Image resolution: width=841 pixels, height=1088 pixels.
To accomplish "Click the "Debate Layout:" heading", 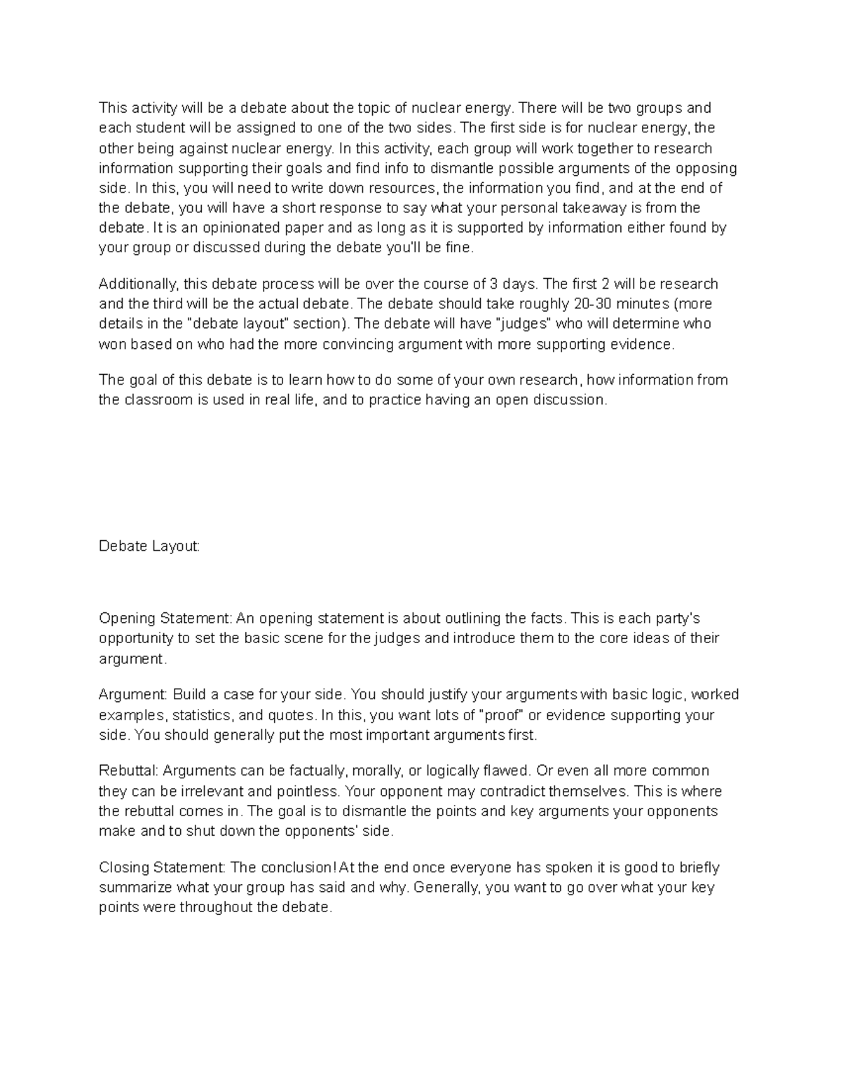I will click(x=149, y=546).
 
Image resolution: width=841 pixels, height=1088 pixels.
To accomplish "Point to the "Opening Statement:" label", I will click(x=165, y=618).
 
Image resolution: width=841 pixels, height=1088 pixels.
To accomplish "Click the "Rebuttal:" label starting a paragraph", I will click(x=130, y=771).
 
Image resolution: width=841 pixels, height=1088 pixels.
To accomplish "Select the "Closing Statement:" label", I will click(x=162, y=867).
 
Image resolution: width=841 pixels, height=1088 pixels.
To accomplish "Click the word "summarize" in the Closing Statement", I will click(x=135, y=888).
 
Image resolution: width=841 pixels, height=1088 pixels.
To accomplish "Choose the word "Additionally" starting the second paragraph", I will click(x=139, y=284).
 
